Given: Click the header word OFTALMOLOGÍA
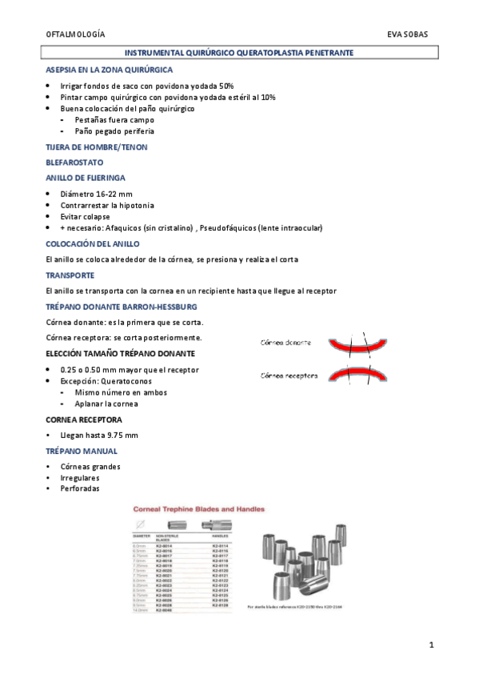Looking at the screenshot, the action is (75, 35).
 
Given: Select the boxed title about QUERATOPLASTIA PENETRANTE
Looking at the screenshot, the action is (240, 52).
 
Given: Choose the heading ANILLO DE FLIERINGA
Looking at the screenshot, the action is (85, 178).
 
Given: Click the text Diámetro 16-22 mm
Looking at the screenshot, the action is (96, 194).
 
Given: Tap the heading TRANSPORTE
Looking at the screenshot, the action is (70, 274).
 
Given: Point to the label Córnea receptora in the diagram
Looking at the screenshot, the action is (289, 375).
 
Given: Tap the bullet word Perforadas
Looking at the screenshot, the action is (80, 488).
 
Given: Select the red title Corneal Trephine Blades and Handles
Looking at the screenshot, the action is (199, 508).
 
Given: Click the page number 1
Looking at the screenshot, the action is (431, 645).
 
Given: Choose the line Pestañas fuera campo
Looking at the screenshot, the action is (114, 119).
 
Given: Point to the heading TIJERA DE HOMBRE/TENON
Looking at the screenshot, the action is (97, 147).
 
